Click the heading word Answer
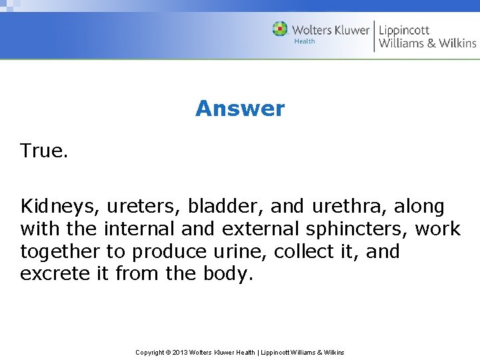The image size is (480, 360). click(239, 109)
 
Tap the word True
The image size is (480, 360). click(44, 151)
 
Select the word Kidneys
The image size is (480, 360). click(59, 207)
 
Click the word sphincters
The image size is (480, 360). click(356, 230)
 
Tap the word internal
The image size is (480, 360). click(139, 229)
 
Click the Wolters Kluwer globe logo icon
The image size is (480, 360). click(280, 29)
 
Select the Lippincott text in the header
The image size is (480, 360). click(405, 30)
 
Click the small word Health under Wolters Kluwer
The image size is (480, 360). click(304, 41)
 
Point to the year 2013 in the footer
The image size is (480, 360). click(180, 352)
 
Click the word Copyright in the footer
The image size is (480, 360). click(150, 352)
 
